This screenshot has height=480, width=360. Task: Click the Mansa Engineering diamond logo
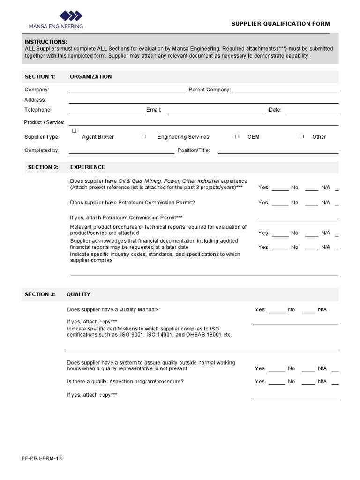pyautogui.click(x=71, y=16)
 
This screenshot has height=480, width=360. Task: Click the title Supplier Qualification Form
pyautogui.click(x=280, y=24)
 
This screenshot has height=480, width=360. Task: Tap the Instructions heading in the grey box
pyautogui.click(x=45, y=42)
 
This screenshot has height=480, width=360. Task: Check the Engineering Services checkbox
pyautogui.click(x=144, y=136)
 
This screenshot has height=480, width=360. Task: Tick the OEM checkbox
pyautogui.click(x=237, y=136)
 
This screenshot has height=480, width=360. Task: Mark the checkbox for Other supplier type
pyautogui.click(x=302, y=136)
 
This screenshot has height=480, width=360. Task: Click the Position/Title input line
pyautogui.click(x=277, y=152)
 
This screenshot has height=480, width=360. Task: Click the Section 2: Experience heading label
pyautogui.click(x=43, y=167)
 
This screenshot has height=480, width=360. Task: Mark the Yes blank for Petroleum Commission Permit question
pyautogui.click(x=280, y=204)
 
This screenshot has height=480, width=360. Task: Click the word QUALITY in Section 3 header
pyautogui.click(x=79, y=294)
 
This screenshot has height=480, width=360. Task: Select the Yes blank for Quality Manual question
pyautogui.click(x=277, y=311)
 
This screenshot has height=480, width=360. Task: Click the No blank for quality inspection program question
pyautogui.click(x=308, y=383)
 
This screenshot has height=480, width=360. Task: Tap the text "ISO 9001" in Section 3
pyautogui.click(x=131, y=335)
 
